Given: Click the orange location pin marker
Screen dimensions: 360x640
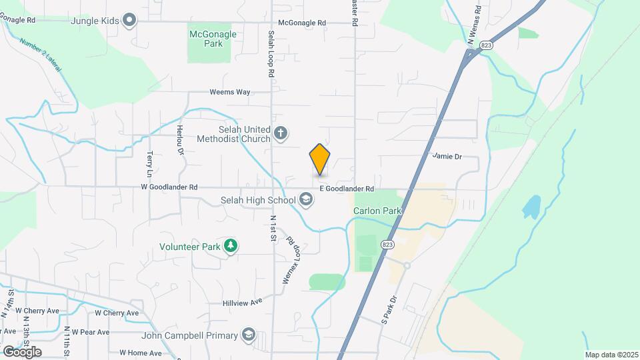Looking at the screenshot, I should click(x=320, y=160).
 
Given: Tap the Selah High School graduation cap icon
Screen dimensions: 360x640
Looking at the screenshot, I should click(x=306, y=200).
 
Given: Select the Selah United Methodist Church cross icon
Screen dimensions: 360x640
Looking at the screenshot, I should click(x=281, y=134).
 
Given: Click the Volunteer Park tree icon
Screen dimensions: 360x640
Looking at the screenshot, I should click(x=230, y=246).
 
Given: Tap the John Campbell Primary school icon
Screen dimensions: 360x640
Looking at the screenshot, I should click(x=249, y=335).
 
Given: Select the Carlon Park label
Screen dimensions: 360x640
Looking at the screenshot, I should click(x=377, y=211).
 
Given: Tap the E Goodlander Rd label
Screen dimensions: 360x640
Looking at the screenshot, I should click(x=347, y=189).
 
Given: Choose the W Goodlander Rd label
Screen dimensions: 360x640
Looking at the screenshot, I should click(x=169, y=188).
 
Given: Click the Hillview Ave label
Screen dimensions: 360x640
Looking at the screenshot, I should click(x=243, y=302).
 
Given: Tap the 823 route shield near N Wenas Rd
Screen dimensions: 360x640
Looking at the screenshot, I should click(x=486, y=45).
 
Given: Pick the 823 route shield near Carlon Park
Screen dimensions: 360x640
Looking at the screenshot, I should click(x=387, y=245).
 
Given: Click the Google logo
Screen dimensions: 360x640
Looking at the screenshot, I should click(x=22, y=351).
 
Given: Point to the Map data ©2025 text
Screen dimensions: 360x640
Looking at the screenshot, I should click(x=611, y=355).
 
